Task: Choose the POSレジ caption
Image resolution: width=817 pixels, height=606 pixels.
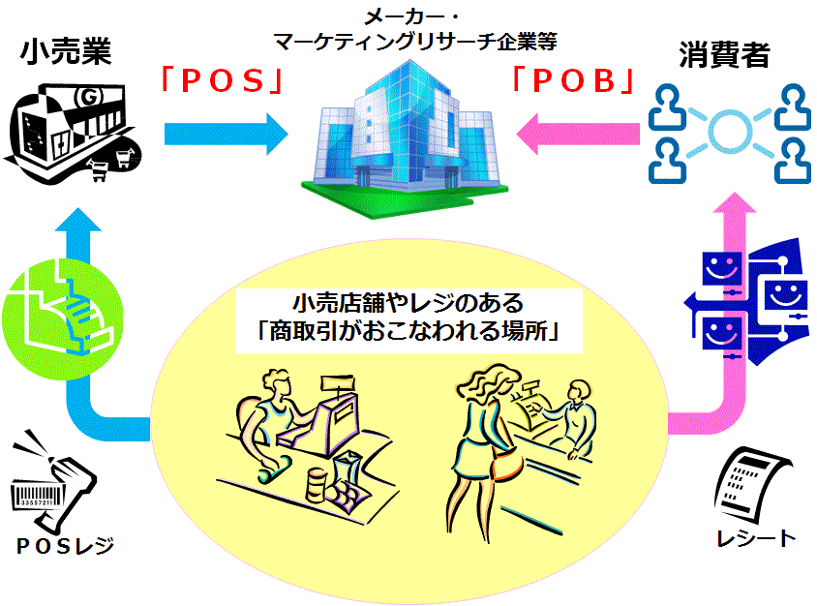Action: tap(66, 547)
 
